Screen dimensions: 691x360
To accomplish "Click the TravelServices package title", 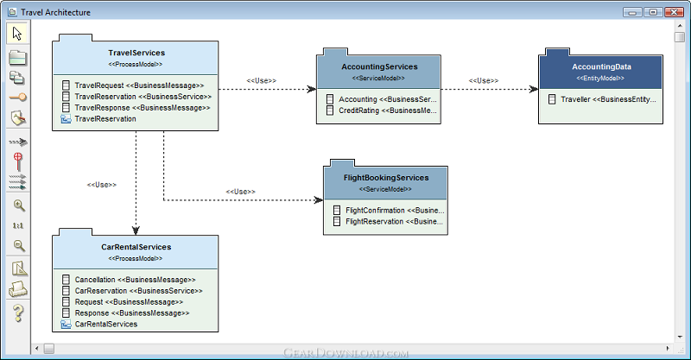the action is [136, 53].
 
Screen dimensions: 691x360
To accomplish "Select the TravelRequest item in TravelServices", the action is [139, 85].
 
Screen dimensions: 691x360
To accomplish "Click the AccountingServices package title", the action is [379, 67].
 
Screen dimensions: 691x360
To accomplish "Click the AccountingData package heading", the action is [601, 67].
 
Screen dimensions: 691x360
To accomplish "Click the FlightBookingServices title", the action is [386, 178].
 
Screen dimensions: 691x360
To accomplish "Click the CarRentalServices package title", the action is [136, 247].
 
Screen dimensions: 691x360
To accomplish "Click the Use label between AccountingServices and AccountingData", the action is [484, 80].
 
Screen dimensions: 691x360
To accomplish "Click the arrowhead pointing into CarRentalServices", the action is [136, 231].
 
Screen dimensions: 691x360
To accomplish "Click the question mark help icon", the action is [18, 313].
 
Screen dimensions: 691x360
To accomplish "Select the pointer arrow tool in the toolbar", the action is [17, 34].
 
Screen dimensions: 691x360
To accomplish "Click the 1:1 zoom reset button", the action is [18, 225].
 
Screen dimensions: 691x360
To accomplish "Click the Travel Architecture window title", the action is [55, 12].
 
